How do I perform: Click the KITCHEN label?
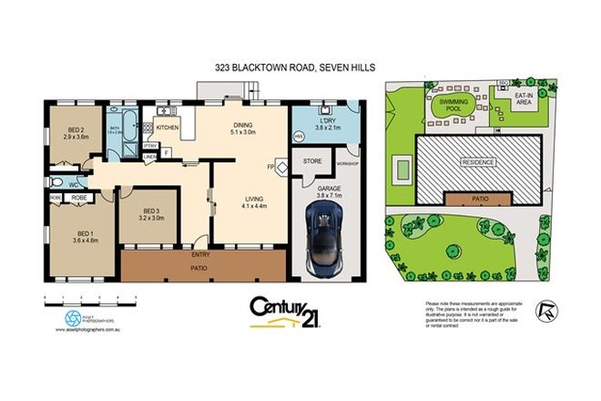coord(167,129)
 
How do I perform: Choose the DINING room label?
coord(242,125)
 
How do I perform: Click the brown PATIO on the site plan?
coord(476,198)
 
